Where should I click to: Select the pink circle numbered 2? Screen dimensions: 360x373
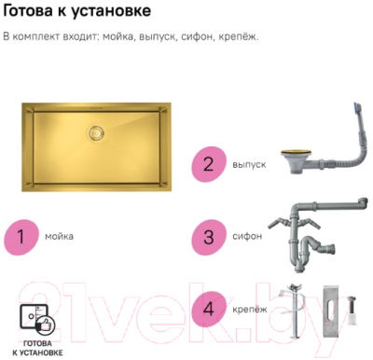(207, 165)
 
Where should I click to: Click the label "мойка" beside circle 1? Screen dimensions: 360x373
(58, 237)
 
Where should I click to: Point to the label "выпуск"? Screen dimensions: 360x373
(247, 165)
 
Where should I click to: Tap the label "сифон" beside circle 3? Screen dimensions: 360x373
(245, 237)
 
